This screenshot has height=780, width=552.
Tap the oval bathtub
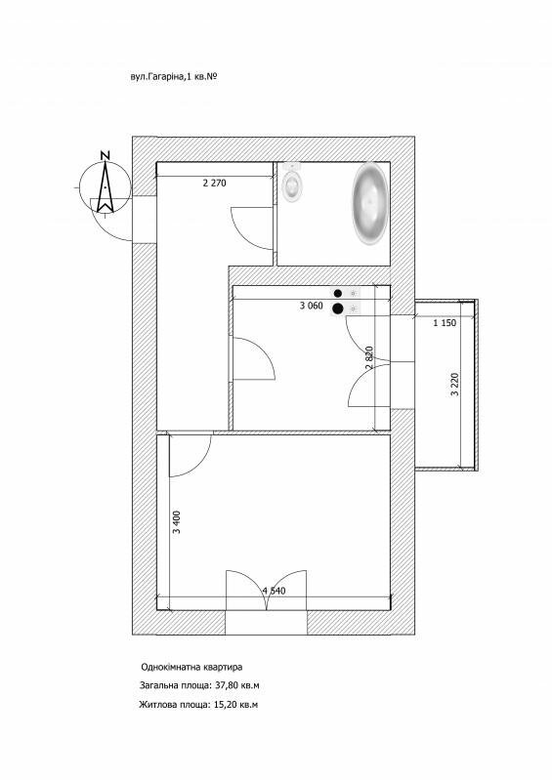(x=370, y=202)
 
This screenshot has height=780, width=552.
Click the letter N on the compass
(x=105, y=155)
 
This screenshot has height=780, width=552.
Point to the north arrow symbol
(x=105, y=187)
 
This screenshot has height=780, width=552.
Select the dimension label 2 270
(x=215, y=184)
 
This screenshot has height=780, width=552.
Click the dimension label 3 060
(x=311, y=306)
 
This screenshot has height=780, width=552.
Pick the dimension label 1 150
(x=445, y=323)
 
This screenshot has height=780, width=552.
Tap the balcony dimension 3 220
(x=454, y=384)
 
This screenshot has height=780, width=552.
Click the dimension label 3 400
(x=177, y=522)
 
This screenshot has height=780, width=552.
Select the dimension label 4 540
(x=274, y=591)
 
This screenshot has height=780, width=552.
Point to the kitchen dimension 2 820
(x=369, y=357)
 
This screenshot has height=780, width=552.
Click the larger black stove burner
(x=337, y=308)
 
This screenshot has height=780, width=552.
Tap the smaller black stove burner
(x=338, y=294)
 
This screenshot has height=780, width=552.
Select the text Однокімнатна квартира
(x=191, y=667)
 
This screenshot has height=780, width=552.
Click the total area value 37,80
(x=227, y=685)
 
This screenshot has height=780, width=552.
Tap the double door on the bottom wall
(x=267, y=590)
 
